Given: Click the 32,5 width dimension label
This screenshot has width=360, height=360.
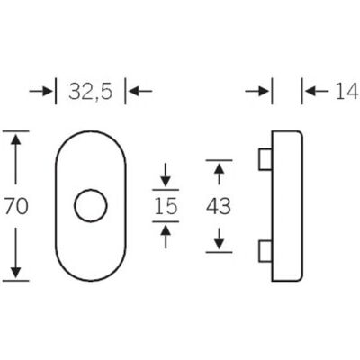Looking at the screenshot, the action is (x=91, y=91).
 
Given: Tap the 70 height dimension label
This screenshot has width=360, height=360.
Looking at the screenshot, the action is (x=16, y=206).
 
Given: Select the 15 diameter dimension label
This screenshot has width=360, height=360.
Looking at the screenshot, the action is (x=166, y=206).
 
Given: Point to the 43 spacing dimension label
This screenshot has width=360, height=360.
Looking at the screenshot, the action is (x=219, y=206).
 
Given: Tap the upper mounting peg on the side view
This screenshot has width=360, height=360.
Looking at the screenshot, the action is (x=265, y=159).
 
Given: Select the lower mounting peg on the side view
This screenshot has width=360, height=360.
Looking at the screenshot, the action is (x=265, y=251).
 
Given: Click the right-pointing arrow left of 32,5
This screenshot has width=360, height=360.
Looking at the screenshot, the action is (x=41, y=91).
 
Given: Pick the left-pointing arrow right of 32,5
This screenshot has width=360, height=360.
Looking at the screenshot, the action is (x=139, y=91).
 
